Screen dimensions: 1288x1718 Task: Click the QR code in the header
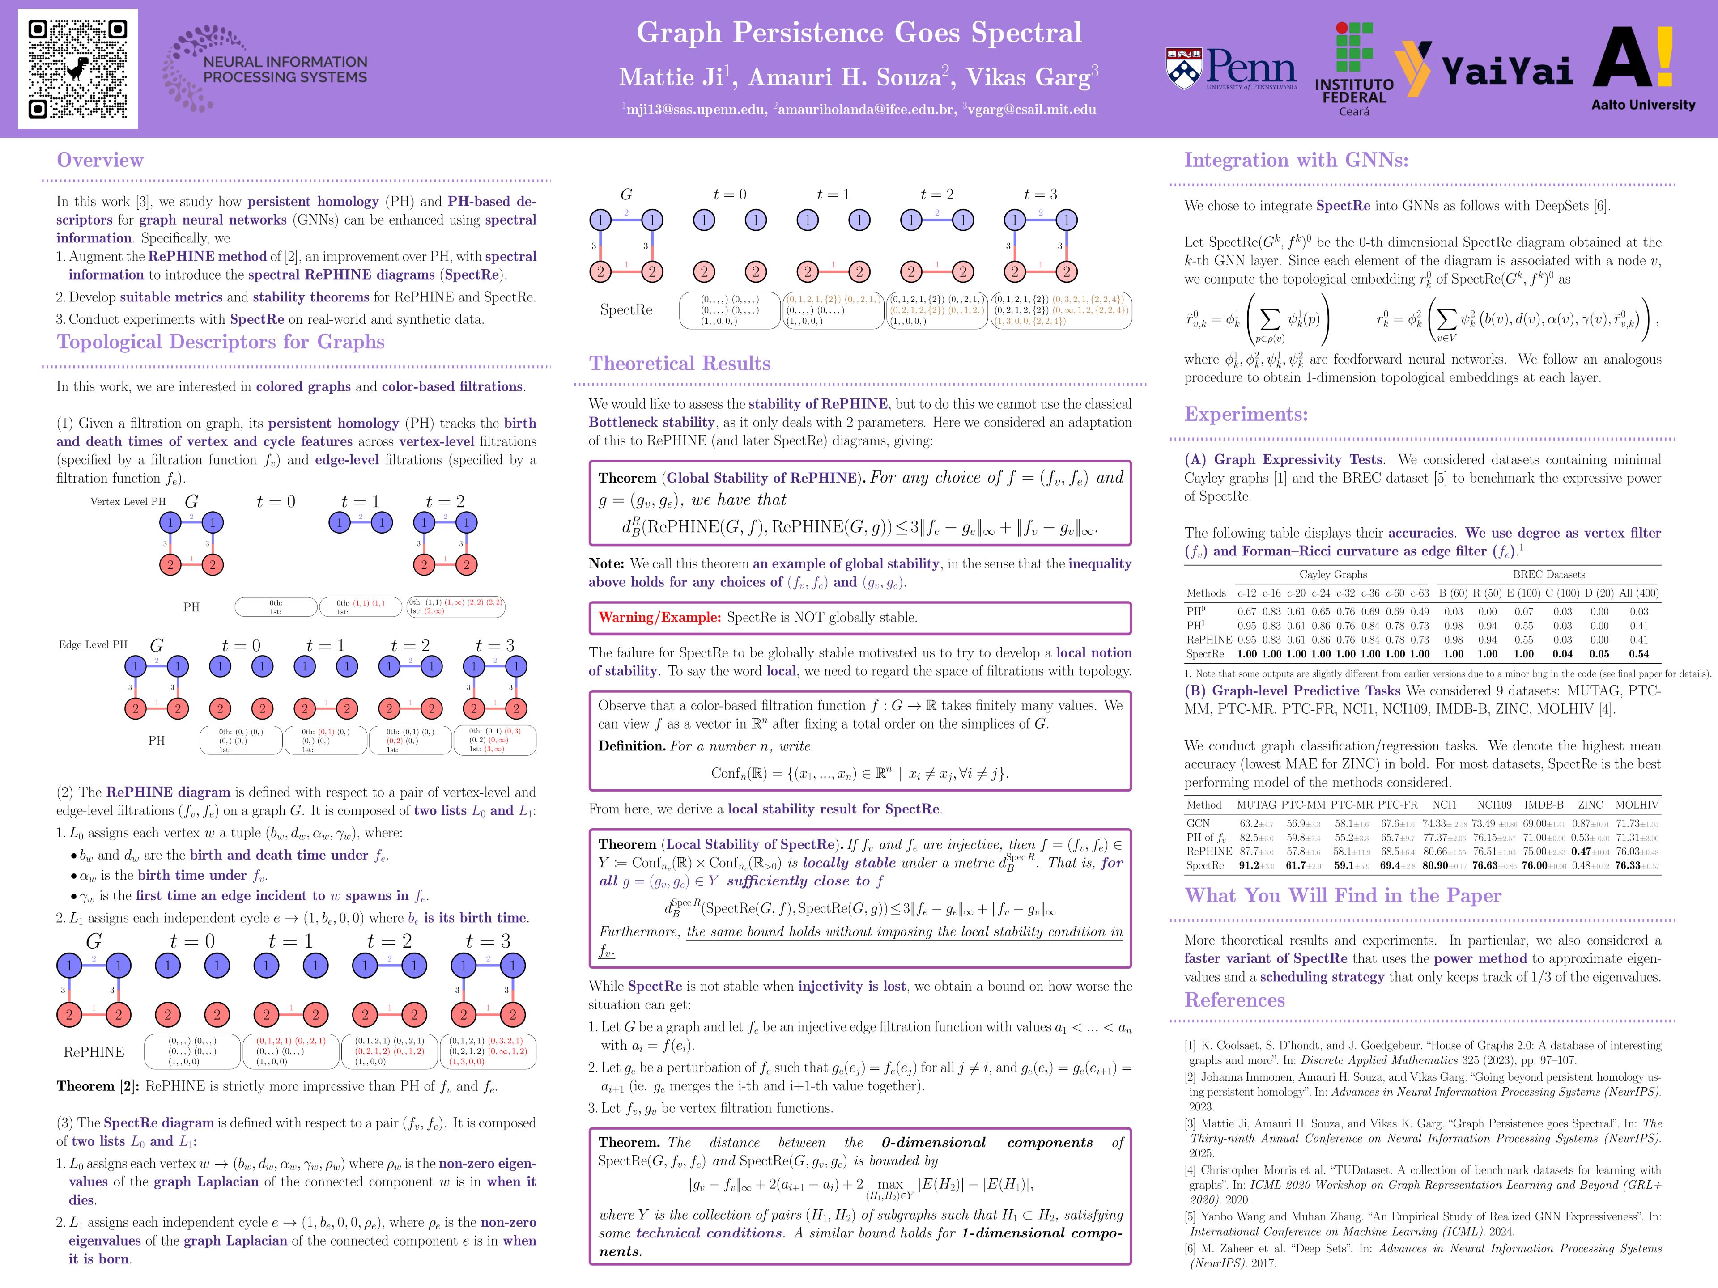click(x=78, y=69)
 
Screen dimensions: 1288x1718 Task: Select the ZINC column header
click(x=1590, y=805)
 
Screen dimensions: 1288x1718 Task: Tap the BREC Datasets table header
click(x=1549, y=575)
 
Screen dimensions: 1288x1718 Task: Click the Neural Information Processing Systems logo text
click(x=285, y=70)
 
